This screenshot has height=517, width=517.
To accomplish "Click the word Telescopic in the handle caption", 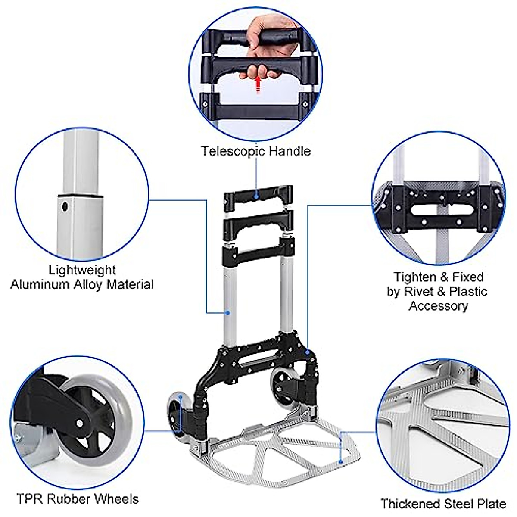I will pos(234,151).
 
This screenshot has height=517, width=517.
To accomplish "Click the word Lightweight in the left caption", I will pos(82,270).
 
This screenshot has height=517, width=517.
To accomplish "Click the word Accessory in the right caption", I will pos(438,306).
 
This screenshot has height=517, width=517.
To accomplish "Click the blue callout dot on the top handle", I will pos(256,196).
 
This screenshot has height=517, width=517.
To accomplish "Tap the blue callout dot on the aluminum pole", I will pos(229,313).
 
